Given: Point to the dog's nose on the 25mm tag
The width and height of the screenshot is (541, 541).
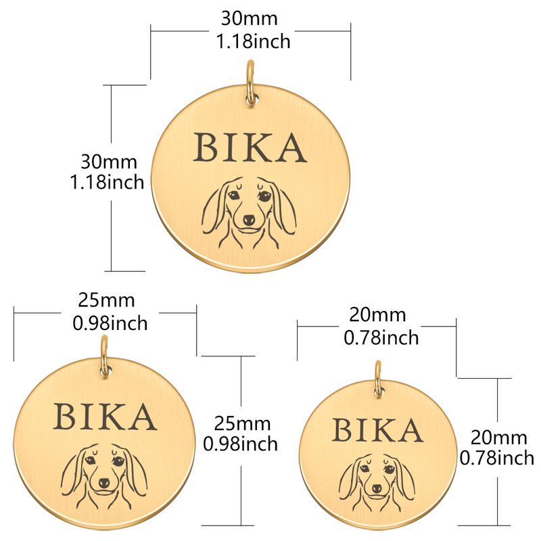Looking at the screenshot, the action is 104,483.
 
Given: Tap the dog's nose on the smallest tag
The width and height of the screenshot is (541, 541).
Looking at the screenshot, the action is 377,488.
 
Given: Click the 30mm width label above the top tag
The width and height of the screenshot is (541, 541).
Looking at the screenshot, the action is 249,18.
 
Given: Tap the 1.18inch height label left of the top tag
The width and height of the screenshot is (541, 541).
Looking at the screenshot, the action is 107,182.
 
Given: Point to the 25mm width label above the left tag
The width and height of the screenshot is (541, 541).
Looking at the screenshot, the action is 106,300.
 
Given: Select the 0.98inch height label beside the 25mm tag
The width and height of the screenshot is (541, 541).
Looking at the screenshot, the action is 241,444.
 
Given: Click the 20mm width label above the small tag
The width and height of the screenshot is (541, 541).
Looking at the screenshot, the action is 377,314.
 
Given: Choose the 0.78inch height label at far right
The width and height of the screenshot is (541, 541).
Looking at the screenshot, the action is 497,458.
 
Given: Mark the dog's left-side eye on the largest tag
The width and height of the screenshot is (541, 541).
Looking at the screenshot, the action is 233,195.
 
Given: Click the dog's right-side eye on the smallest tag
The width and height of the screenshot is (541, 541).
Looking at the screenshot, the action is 390,469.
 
